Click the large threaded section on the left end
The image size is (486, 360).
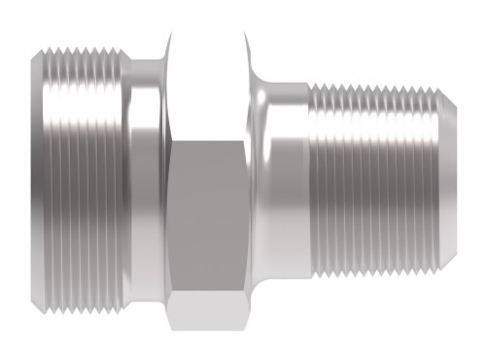(x=83, y=180)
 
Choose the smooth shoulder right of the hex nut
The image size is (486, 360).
(x=282, y=180)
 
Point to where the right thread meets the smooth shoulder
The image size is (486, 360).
(x=310, y=180)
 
